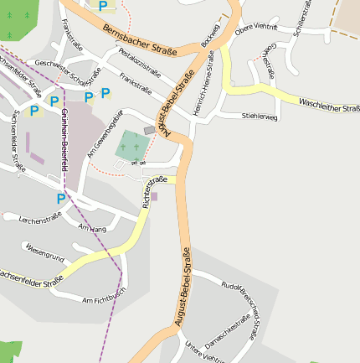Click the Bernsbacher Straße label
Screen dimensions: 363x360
pos(140,40)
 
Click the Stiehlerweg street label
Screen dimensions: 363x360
pos(259,117)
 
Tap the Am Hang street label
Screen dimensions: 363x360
pos(91,228)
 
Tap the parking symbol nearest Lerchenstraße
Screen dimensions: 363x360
pos(60,199)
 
